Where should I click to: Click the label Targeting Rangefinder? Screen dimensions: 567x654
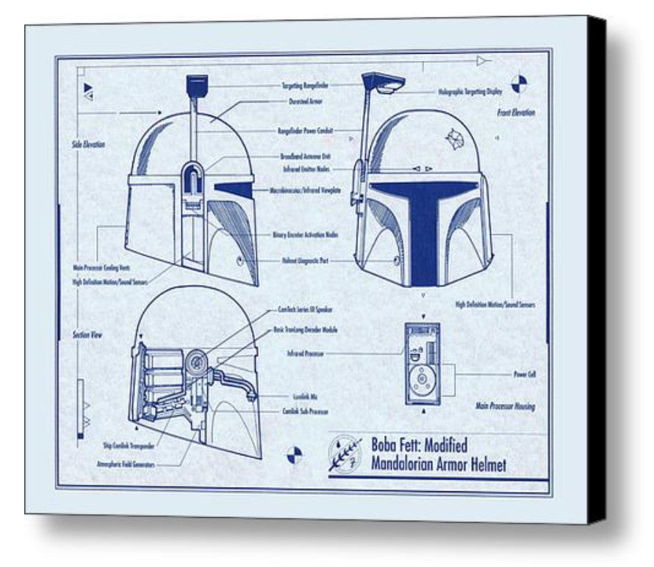coord(306,86)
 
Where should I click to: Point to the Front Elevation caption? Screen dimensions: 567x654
coord(515,113)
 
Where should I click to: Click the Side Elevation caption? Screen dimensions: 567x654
coord(88,145)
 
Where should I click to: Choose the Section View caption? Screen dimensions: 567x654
coord(86,335)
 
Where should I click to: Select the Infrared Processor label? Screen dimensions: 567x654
coord(306,354)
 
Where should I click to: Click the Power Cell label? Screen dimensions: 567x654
coord(524,374)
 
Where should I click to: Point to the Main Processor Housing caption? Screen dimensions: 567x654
coord(505,406)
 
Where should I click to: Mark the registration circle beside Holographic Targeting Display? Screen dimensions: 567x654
coord(520,82)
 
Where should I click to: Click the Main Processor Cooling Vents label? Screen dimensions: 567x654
coord(101,268)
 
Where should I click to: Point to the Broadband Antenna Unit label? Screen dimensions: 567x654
coord(305,156)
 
